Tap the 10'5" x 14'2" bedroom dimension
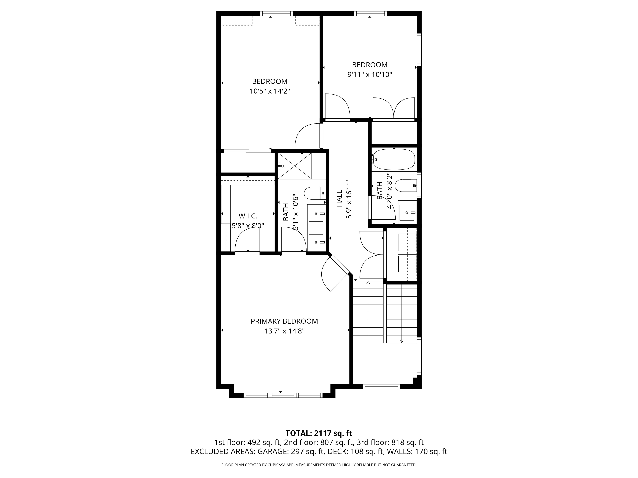pos(270,91)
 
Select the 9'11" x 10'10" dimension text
pos(370,75)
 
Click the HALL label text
pos(339,198)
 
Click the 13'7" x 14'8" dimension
pos(284,331)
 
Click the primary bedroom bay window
pos(283,395)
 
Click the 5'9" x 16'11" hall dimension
pos(349,198)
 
